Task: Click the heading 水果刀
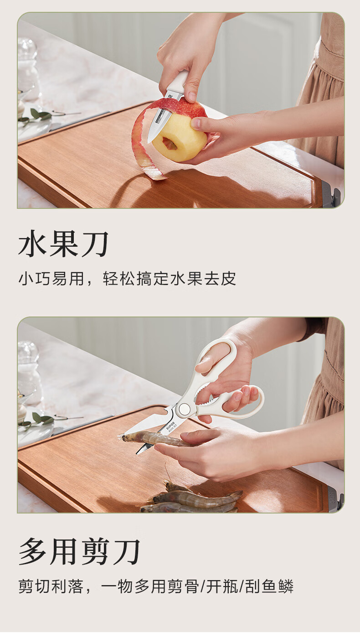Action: pos(63,244)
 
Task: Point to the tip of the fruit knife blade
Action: pos(148,142)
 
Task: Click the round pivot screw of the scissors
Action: pos(184,408)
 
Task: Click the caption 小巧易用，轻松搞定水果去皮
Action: pos(127,279)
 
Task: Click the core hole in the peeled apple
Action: pos(170,143)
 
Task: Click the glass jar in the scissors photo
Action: pos(28,373)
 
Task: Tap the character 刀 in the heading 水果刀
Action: pos(95,244)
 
